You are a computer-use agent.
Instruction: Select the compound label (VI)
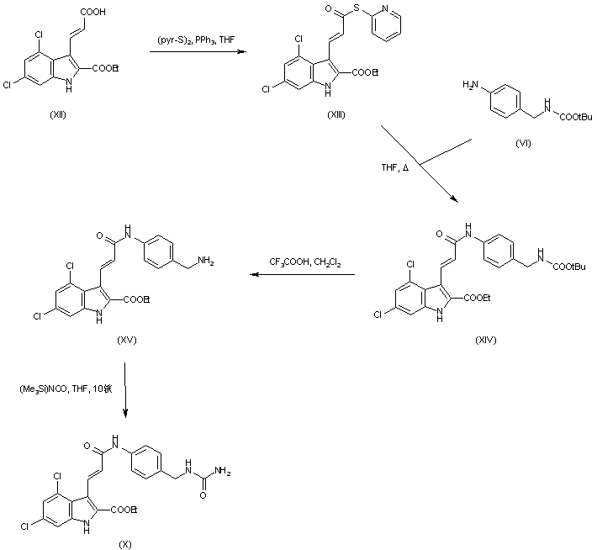[526, 145]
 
